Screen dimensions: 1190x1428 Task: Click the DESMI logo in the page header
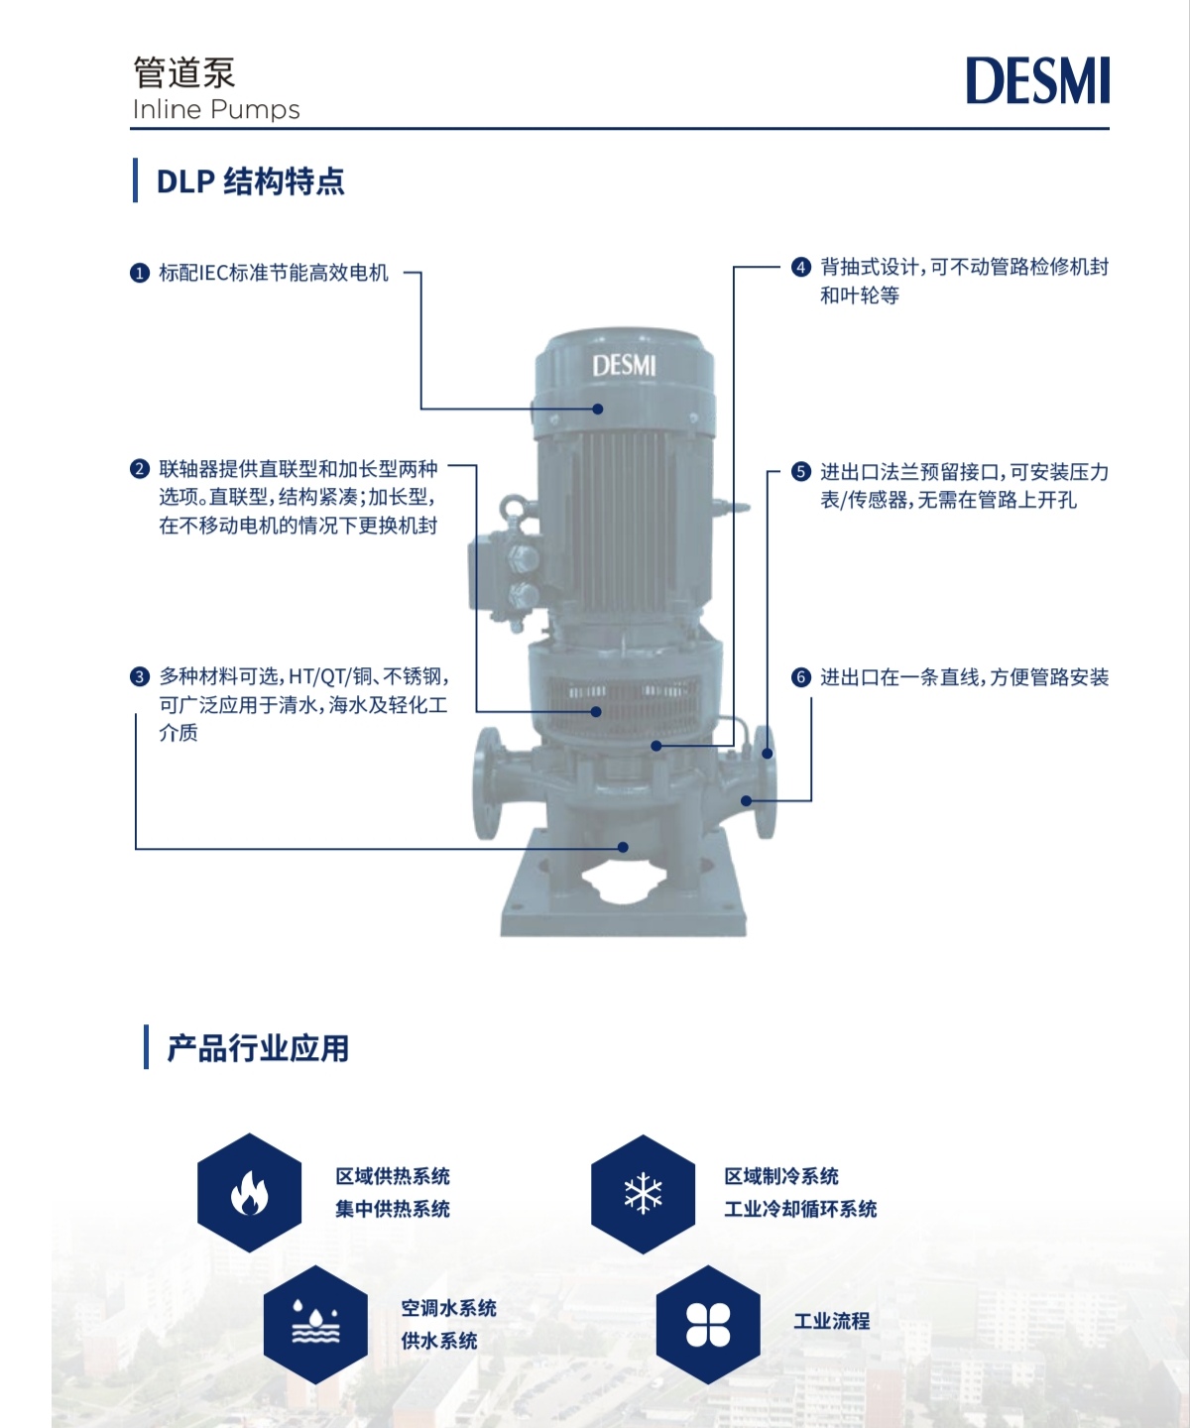click(x=1037, y=80)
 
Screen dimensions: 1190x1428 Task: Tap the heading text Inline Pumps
click(x=216, y=110)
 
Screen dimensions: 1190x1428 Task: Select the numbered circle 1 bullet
click(x=140, y=274)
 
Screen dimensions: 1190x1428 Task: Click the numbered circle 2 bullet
click(x=140, y=469)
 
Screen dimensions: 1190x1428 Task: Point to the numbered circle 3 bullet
click(x=140, y=677)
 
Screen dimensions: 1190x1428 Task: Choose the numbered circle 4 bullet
click(x=801, y=267)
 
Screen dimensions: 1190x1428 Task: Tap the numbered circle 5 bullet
click(x=801, y=472)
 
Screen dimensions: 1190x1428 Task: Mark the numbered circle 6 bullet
click(x=801, y=677)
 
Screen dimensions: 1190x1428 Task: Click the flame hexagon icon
click(x=250, y=1193)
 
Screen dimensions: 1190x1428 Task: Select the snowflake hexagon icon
click(x=643, y=1194)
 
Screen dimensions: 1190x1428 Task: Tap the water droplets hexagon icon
click(x=315, y=1325)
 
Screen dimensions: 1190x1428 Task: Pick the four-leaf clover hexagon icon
click(x=708, y=1325)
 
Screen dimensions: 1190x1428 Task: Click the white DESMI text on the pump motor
click(x=624, y=366)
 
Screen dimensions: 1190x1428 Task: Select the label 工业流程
click(x=832, y=1321)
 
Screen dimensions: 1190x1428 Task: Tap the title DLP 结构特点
click(x=250, y=181)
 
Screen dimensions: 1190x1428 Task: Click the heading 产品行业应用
click(x=258, y=1049)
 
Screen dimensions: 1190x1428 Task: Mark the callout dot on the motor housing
click(x=598, y=409)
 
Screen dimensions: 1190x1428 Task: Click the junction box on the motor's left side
click(x=505, y=574)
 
